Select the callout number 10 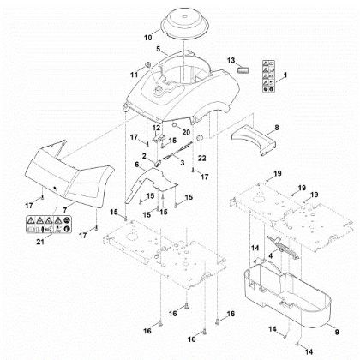pos(147,37)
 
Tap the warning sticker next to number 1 pos(268,75)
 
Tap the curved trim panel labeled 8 pos(255,140)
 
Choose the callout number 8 pos(276,128)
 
